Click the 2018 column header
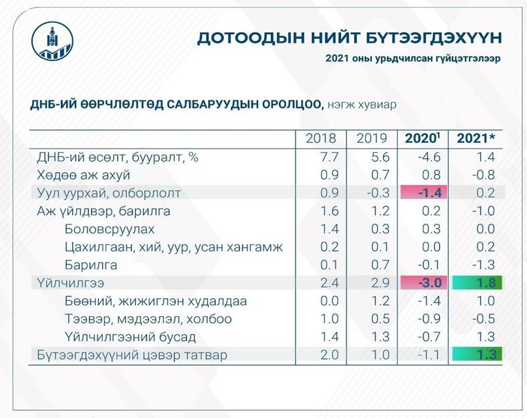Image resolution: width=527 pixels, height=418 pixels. pos(321,139)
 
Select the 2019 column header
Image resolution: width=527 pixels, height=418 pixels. pos(372,139)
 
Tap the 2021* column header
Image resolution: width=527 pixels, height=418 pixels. pos(476,139)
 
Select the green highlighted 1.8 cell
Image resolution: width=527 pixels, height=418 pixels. pos(476,283)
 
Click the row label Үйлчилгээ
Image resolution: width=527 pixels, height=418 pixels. pos(71,283)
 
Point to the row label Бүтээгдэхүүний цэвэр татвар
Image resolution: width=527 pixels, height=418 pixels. pos(132,355)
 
